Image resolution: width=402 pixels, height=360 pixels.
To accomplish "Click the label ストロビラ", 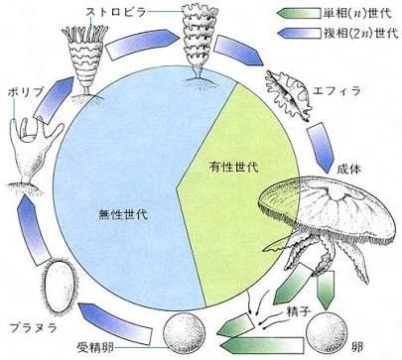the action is [115, 13].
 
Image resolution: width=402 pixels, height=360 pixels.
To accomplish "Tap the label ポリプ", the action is [26, 93].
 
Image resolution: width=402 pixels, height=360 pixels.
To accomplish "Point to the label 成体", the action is [348, 169].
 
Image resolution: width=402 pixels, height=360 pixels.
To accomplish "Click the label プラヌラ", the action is [33, 327].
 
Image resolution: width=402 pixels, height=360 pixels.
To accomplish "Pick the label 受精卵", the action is [95, 347].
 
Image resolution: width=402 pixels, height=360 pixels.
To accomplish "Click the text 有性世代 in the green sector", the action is [233, 167].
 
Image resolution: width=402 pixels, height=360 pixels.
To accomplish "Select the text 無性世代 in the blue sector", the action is [123, 215].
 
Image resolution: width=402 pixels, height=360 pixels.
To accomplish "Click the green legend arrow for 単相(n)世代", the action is [299, 14].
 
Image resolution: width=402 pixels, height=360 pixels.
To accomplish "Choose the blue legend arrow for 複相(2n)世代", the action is [299, 33].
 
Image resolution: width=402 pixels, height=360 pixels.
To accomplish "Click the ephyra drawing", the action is [289, 95].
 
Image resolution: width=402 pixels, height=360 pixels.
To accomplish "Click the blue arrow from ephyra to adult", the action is [321, 147].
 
